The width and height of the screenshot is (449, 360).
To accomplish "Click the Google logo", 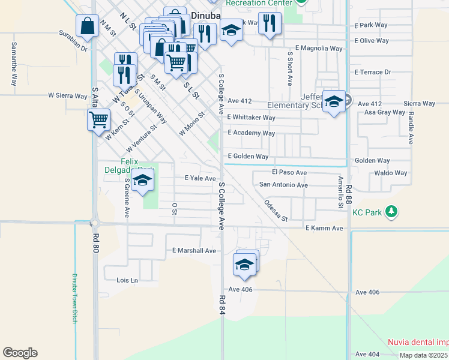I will click(20, 353).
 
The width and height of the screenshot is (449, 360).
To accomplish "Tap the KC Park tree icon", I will click(391, 212).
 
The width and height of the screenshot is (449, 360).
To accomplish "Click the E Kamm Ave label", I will click(324, 229).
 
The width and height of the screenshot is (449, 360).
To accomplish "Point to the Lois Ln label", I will click(127, 280).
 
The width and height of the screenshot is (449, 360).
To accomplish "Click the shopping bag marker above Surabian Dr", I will click(87, 26).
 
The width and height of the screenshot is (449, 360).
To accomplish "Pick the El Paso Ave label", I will click(289, 173).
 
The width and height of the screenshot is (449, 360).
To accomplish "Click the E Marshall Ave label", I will click(193, 251).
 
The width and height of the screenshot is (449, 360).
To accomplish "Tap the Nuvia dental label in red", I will click(418, 342).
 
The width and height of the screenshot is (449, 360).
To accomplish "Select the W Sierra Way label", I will click(68, 95).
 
